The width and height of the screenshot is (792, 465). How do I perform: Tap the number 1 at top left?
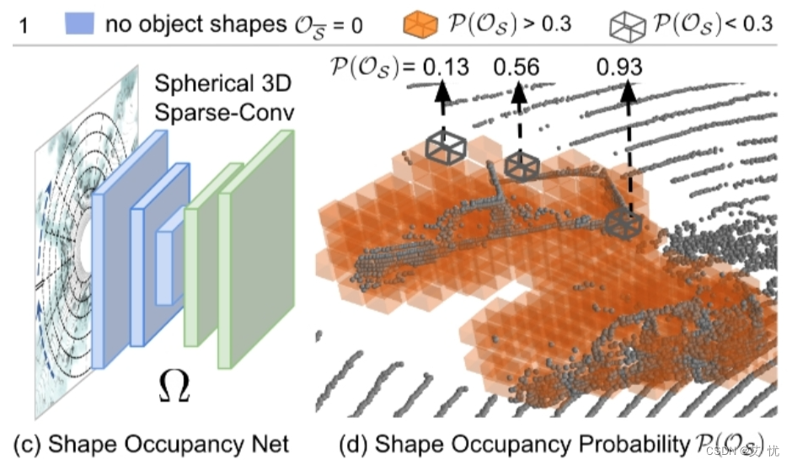coord(24,25)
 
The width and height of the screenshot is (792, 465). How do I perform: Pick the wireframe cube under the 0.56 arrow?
coord(522,165)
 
